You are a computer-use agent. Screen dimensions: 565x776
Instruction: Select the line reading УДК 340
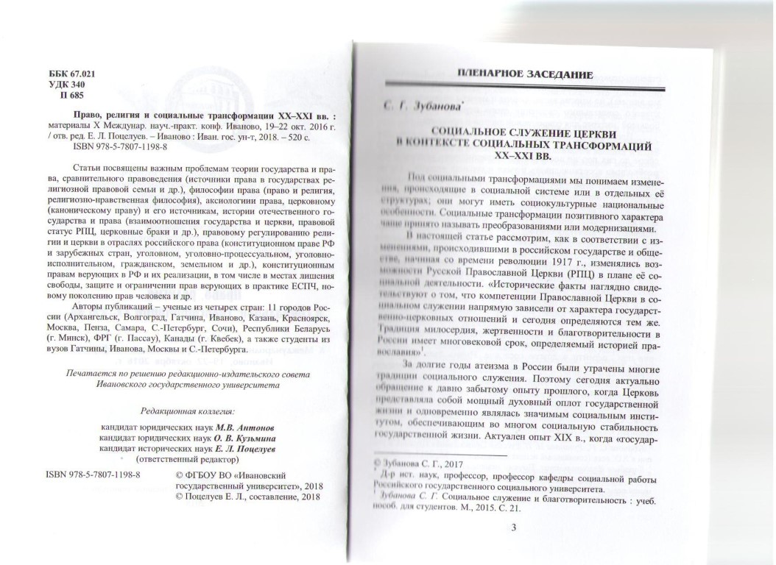[63, 85]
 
